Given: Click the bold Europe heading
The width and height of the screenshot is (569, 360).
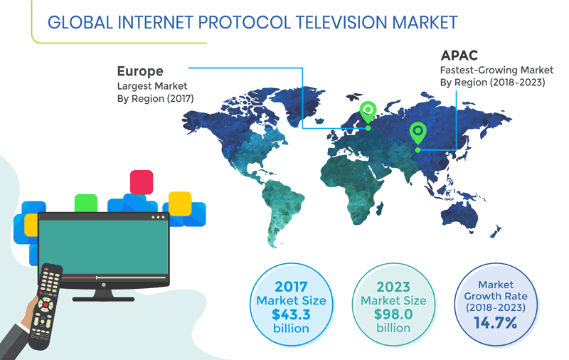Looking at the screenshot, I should tap(140, 71).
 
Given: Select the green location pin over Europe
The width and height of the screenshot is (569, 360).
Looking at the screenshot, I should tap(368, 110).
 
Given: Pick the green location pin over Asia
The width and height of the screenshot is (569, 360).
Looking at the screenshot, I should tap(418, 132).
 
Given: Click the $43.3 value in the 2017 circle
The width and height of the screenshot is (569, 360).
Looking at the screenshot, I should tap(290, 314).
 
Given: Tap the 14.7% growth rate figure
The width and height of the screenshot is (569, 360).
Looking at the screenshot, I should tap(496, 323).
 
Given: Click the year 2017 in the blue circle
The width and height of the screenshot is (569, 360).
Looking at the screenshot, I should tap(291, 286).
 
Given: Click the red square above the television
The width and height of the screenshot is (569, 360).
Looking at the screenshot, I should tap(142, 181).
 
